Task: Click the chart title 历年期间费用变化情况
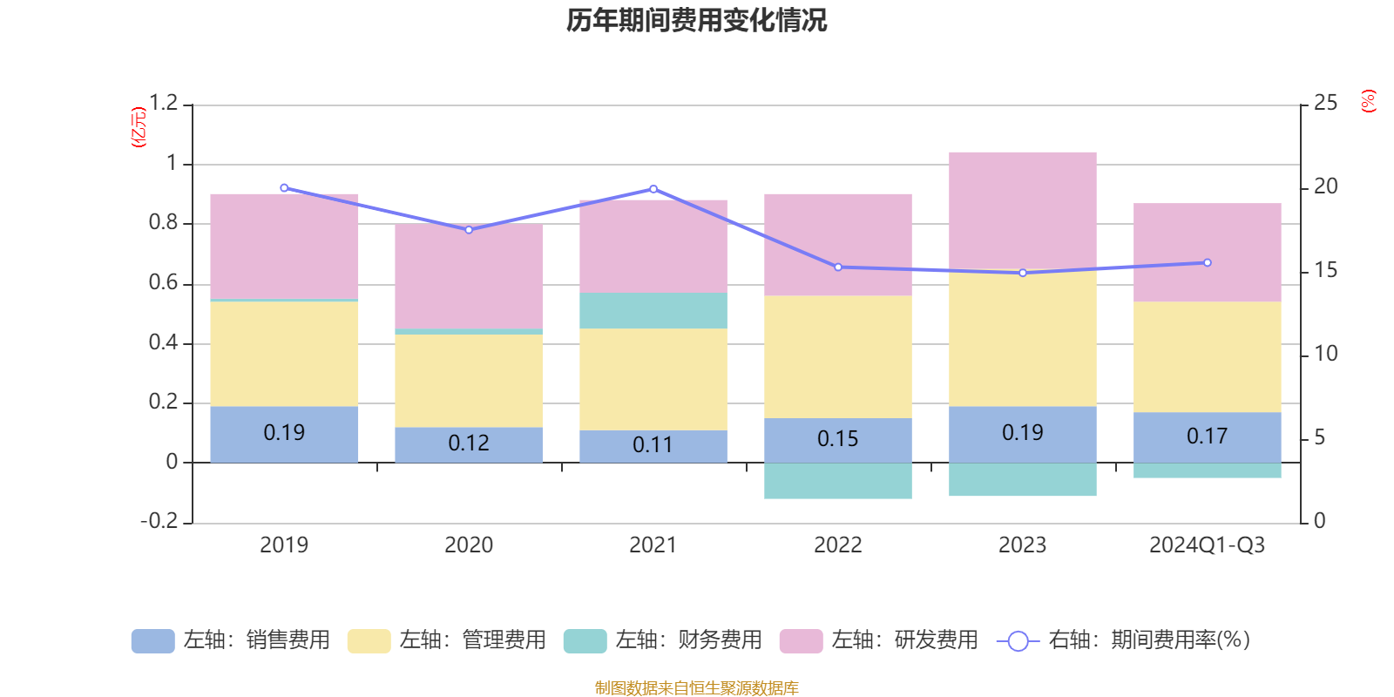click(696, 20)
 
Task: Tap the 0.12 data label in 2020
click(469, 443)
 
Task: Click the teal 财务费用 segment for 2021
click(653, 310)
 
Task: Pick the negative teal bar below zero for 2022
click(838, 481)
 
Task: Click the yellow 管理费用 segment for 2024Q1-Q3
click(1208, 356)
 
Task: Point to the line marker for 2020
click(469, 230)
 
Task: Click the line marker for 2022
click(838, 267)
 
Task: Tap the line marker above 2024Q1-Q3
click(1208, 262)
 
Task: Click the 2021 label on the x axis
click(653, 545)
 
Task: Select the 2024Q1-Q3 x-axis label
click(1208, 545)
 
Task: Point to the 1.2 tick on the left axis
click(163, 104)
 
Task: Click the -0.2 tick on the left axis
click(159, 521)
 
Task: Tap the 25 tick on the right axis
click(1325, 104)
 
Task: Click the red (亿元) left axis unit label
click(139, 127)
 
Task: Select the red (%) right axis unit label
click(1369, 101)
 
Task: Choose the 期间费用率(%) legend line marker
click(1018, 641)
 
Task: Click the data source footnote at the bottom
click(696, 688)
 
